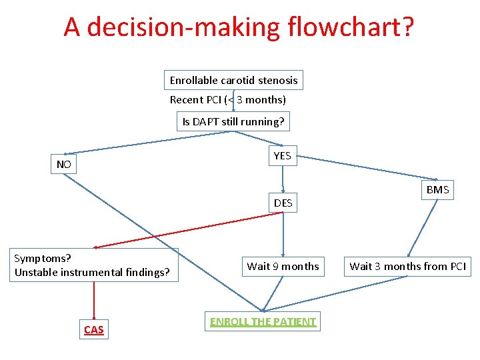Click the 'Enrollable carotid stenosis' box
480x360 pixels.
click(x=233, y=80)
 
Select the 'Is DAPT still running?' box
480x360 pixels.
click(x=233, y=121)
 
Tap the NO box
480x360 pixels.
click(x=64, y=164)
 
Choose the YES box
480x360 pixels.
click(x=282, y=155)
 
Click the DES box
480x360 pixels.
click(x=283, y=203)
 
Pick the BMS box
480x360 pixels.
click(x=437, y=190)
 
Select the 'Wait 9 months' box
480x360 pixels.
click(x=283, y=267)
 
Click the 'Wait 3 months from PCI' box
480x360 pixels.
click(x=408, y=267)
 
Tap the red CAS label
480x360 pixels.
click(x=94, y=329)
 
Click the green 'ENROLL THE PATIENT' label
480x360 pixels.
click(x=263, y=321)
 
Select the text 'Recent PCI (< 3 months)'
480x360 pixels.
click(x=227, y=100)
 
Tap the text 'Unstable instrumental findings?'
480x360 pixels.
click(x=92, y=272)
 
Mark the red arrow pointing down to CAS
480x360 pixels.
click(x=94, y=300)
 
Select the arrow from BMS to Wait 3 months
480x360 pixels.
click(x=422, y=227)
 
